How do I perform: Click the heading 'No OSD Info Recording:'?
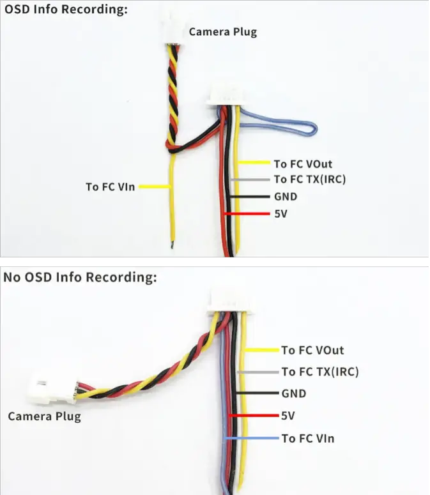click(80, 277)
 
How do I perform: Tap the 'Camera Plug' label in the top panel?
click(222, 31)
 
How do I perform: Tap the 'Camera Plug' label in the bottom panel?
click(44, 416)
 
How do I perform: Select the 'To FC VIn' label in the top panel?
click(110, 187)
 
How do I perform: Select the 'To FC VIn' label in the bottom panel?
click(307, 439)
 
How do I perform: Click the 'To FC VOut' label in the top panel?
click(303, 164)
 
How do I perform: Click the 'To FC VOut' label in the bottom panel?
click(312, 350)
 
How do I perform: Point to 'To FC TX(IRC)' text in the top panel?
click(309, 179)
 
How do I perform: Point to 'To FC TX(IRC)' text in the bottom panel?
click(319, 371)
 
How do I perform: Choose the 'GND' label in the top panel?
click(286, 197)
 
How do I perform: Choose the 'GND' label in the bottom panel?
click(294, 393)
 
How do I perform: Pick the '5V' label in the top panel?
click(280, 214)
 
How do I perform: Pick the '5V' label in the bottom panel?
click(289, 416)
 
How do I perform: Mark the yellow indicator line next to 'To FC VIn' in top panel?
click(155, 187)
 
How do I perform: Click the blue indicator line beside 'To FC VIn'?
click(252, 439)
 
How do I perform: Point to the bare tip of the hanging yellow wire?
click(171, 244)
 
